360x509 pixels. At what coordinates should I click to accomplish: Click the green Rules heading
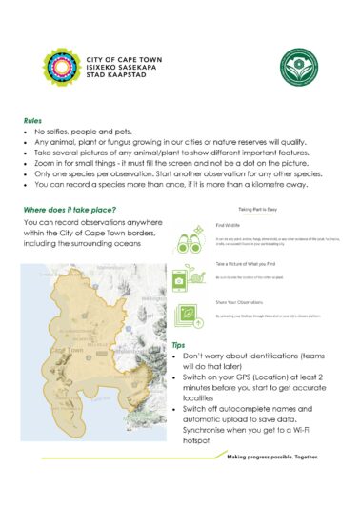(x=32, y=122)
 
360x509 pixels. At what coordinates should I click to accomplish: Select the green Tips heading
(x=178, y=345)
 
